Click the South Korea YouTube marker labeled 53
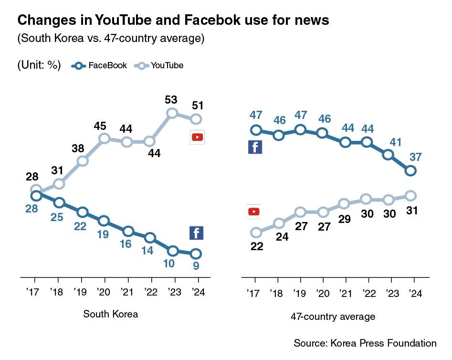[x=173, y=113]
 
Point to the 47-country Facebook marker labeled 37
[x=410, y=170]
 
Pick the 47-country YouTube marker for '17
[x=256, y=233]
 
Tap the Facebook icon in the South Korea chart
[x=197, y=233]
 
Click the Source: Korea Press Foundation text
[x=365, y=343]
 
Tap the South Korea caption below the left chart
[x=111, y=314]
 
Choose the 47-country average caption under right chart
[x=333, y=316]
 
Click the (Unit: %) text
[x=39, y=65]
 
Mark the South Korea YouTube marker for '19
[x=83, y=161]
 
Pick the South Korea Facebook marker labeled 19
[x=104, y=221]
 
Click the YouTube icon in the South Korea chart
[x=197, y=137]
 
